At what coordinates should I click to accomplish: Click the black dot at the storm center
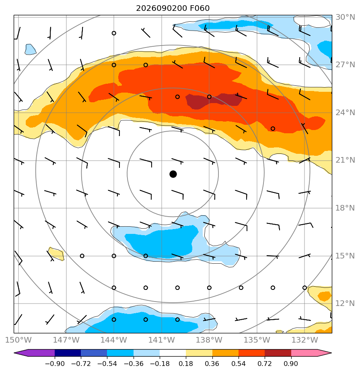coord(173,174)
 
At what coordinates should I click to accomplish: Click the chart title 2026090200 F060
coord(173,8)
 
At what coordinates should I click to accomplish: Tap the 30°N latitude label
coord(345,17)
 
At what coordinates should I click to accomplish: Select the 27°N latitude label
coord(345,64)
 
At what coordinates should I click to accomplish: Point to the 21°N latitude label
coord(345,160)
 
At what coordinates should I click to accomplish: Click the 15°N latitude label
coord(345,256)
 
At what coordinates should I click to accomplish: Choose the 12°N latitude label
coord(345,304)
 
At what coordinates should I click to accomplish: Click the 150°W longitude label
coord(18,340)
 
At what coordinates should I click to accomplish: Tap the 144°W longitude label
coord(114,340)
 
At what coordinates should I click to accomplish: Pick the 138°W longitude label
coord(209,340)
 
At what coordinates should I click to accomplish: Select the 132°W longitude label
coord(304,340)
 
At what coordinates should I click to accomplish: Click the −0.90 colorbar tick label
coord(55,364)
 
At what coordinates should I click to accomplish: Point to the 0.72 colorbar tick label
coord(265,364)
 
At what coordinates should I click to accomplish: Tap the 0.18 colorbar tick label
coord(186,364)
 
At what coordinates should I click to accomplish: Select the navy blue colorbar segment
coord(68,353)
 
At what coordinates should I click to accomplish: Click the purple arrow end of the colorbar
coord(34,353)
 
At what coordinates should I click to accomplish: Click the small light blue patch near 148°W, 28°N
coord(30,50)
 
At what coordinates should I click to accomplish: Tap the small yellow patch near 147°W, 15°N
coord(56,254)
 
